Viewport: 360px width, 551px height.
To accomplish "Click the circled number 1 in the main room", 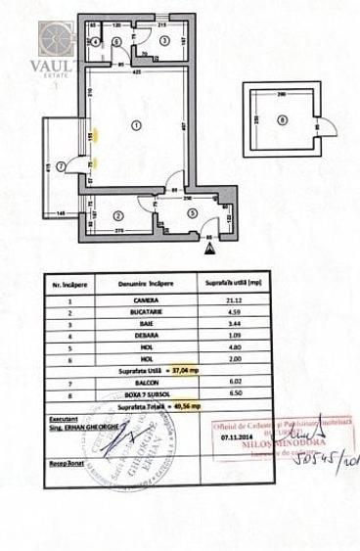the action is coord(136,122).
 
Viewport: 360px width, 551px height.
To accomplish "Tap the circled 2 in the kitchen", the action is coord(117,215).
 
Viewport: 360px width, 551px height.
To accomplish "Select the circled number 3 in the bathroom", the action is coord(163,40).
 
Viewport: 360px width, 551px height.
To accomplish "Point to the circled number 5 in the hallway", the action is coord(192,213).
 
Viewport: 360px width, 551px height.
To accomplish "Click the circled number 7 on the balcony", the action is coord(61,166).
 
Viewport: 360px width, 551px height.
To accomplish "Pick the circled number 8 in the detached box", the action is coord(282,121).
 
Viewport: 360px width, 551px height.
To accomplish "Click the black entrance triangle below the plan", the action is coord(208,249).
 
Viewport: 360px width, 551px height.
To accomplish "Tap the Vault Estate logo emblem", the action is coord(55,39).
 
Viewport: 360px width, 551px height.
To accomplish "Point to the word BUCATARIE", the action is coord(148,311).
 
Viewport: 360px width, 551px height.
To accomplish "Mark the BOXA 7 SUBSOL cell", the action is coord(148,395).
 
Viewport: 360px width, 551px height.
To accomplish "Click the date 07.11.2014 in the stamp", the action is coord(232,439).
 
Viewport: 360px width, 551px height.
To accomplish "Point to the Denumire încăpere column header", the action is coord(148,282).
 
